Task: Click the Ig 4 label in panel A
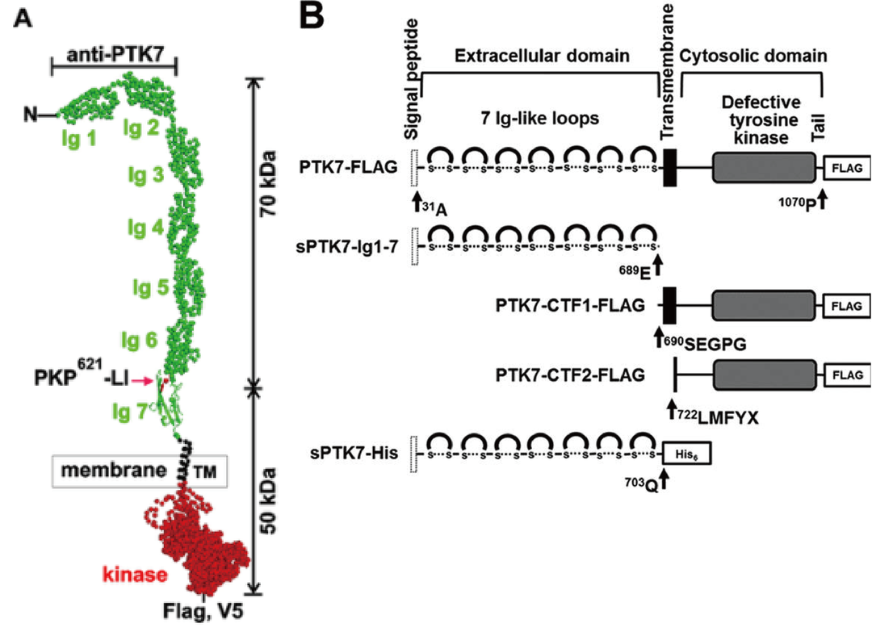145,228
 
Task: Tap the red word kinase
135,574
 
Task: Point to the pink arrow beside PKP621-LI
144,381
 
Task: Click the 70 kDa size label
269,183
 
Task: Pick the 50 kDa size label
269,500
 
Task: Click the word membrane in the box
114,471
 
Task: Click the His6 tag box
686,454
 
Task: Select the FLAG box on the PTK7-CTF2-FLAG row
847,375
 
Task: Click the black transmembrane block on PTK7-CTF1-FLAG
669,306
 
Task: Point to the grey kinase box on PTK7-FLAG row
764,167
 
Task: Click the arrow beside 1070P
823,198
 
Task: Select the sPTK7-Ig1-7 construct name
347,246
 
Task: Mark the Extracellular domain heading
543,56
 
